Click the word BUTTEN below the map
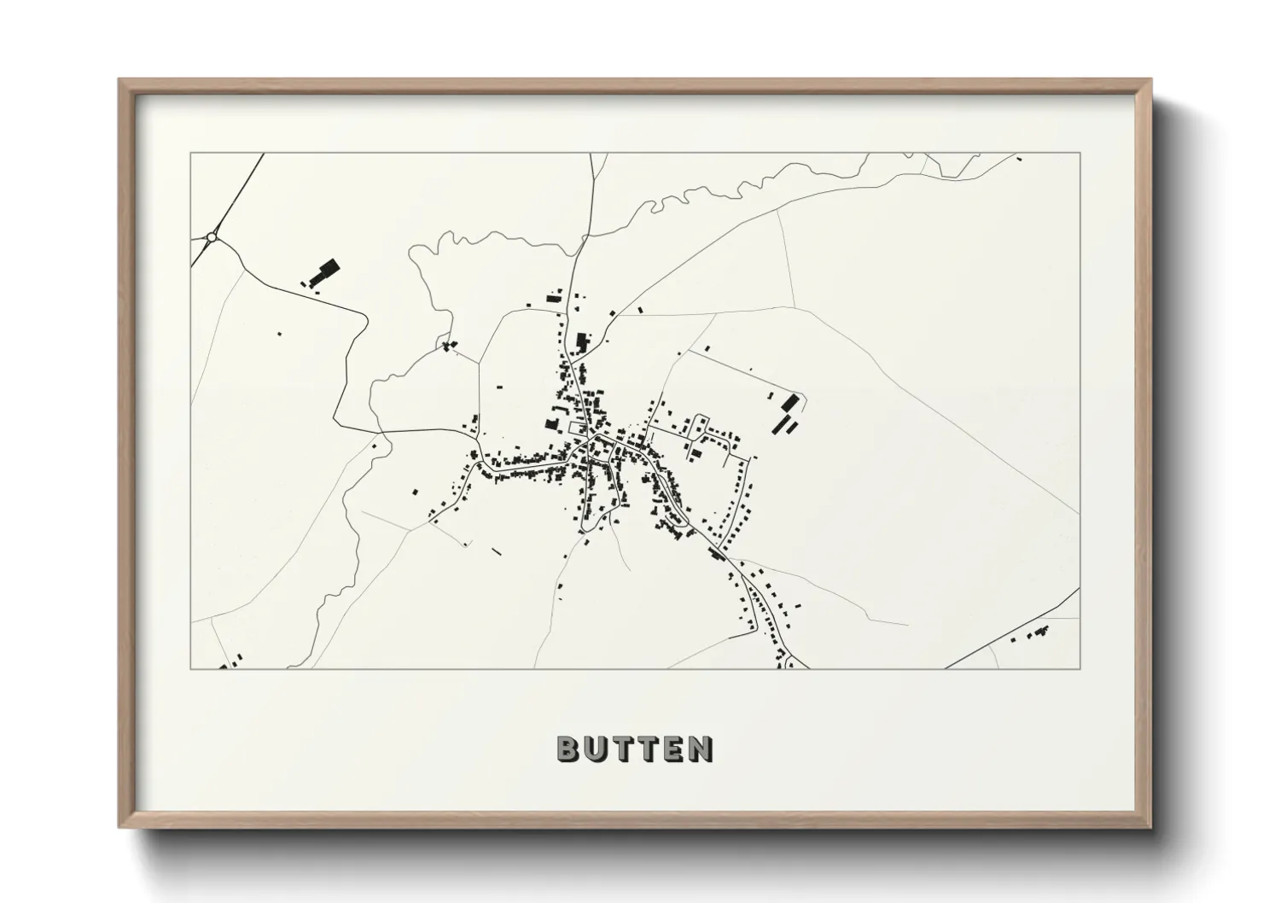point(635,749)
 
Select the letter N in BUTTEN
point(701,749)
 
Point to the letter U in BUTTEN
point(595,749)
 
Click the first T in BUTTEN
point(622,749)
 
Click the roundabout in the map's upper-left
point(211,236)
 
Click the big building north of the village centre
point(583,341)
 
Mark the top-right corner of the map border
point(1080,154)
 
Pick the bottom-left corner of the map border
point(191,668)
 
